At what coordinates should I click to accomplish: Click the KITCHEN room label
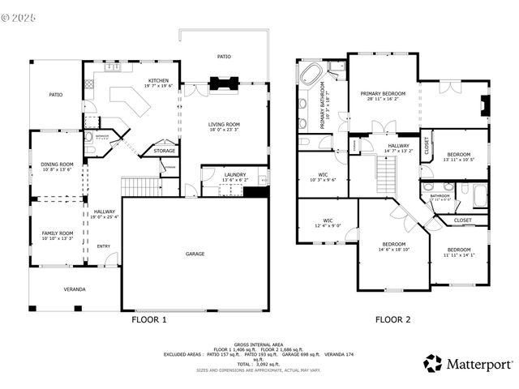click(158, 81)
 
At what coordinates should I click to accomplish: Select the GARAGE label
click(195, 254)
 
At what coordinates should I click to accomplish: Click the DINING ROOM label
click(57, 165)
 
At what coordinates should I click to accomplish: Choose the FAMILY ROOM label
click(57, 233)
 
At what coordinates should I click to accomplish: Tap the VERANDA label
click(75, 289)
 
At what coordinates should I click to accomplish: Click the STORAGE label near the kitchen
click(165, 151)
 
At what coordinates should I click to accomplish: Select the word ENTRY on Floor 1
click(104, 246)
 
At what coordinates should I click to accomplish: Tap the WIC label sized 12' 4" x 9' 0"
click(328, 220)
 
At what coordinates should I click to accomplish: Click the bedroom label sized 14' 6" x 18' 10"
click(394, 244)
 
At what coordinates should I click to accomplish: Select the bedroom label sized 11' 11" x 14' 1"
click(459, 250)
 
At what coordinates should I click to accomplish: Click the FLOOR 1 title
click(149, 320)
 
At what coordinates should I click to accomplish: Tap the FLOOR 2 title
click(392, 320)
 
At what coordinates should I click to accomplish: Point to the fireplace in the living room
click(223, 82)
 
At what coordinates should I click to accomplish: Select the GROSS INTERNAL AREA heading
click(259, 343)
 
